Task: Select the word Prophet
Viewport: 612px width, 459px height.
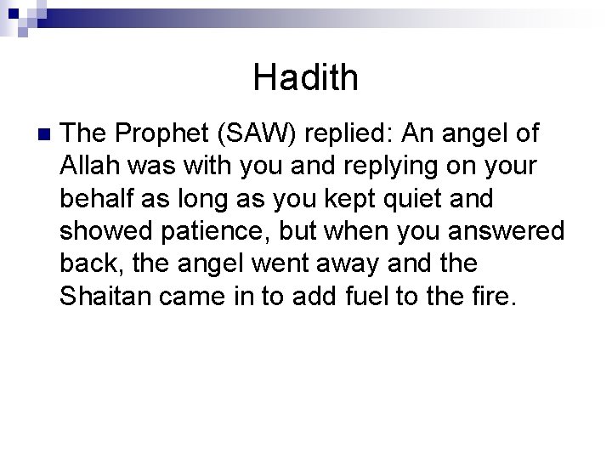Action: click(162, 133)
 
